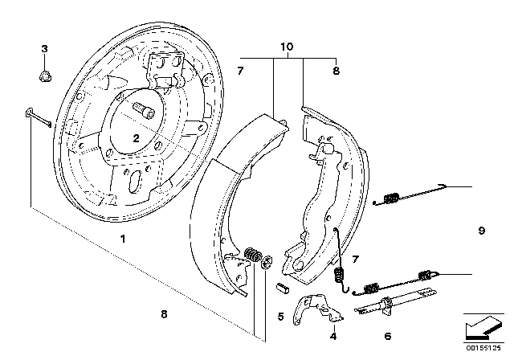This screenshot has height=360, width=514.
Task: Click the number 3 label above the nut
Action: pyautogui.click(x=46, y=50)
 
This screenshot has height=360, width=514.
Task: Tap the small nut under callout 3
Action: pyautogui.click(x=46, y=76)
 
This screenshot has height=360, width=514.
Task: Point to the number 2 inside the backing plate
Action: pyautogui.click(x=137, y=138)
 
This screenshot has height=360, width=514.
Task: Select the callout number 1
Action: pyautogui.click(x=123, y=239)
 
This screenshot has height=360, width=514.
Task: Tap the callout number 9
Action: pyautogui.click(x=481, y=231)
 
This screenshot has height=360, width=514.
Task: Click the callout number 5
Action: pyautogui.click(x=280, y=317)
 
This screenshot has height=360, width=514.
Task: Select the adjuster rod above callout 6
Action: pyautogui.click(x=385, y=305)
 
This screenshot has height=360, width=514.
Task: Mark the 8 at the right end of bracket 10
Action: pyautogui.click(x=337, y=72)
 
